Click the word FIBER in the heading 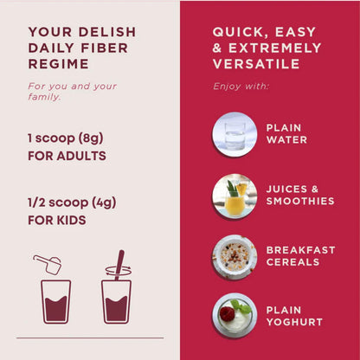click(100, 48)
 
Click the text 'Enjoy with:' click(241, 87)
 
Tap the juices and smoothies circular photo click(234, 195)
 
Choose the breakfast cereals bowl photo click(234, 256)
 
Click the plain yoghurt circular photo click(234, 316)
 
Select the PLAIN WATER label click(286, 133)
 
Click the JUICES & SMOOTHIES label click(299, 195)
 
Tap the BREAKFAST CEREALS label click(300, 256)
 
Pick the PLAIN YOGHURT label click(294, 316)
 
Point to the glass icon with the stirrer click(116, 294)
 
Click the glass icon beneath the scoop click(56, 301)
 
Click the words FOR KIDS click(57, 220)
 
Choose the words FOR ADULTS click(67, 157)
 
